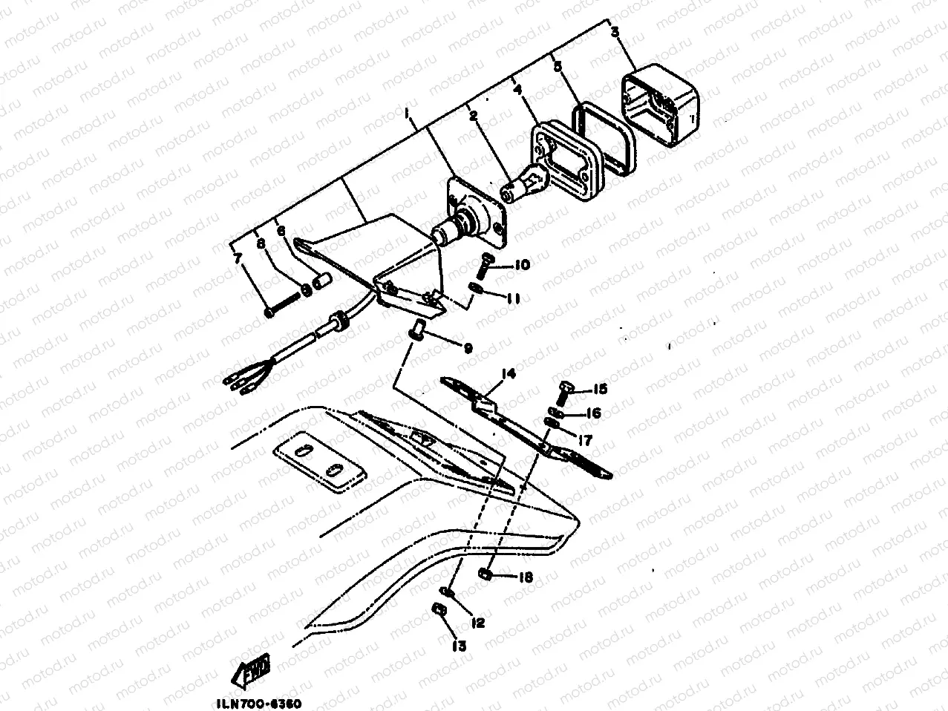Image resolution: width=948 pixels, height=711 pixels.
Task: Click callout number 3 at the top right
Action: (615, 32)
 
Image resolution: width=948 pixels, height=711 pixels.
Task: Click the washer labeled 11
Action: (478, 288)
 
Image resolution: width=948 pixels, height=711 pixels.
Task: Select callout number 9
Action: (468, 347)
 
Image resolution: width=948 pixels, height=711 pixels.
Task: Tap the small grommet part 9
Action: (418, 327)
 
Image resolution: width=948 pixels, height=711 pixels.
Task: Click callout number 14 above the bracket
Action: (507, 373)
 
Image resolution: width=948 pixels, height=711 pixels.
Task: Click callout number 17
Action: (585, 440)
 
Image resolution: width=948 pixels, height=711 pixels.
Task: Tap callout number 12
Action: (477, 623)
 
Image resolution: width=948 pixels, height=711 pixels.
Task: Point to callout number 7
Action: (238, 258)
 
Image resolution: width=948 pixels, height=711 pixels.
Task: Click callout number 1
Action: (407, 112)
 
